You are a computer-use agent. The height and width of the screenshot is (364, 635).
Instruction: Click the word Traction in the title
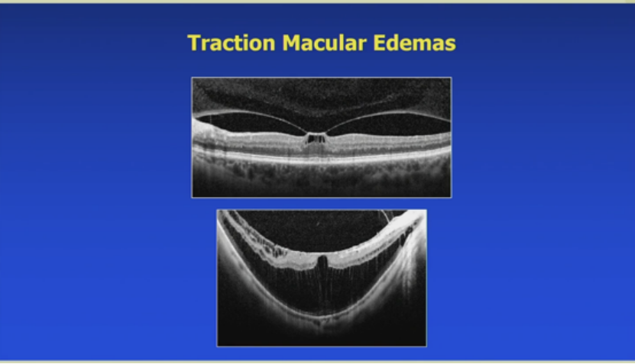tap(232, 43)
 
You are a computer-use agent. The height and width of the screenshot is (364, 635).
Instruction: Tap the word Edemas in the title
tap(415, 43)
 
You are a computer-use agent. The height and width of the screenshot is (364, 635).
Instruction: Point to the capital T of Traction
tap(194, 43)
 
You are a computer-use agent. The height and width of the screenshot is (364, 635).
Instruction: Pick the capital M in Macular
tap(292, 43)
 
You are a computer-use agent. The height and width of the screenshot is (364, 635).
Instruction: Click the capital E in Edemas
tap(380, 43)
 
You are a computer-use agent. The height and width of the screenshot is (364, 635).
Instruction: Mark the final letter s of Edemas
tap(450, 44)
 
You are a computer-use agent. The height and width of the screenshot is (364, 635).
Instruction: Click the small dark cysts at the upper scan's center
tap(316, 139)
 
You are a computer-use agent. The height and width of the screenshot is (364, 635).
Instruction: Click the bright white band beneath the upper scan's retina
tap(322, 158)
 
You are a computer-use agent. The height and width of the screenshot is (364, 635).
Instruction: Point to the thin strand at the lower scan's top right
tap(384, 216)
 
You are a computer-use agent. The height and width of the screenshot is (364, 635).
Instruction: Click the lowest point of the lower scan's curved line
tap(322, 317)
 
